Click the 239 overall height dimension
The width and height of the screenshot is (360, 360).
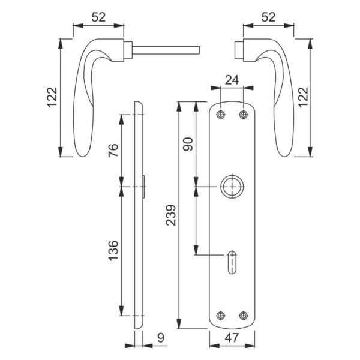point(171,215)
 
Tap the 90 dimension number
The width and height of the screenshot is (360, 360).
point(188,144)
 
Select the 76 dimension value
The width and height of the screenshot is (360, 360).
point(113,150)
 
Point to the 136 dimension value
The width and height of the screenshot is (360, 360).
point(113,251)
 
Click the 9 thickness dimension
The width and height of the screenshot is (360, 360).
point(161,338)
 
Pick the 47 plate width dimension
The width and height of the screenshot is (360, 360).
point(232,338)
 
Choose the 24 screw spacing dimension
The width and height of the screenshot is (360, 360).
point(232,80)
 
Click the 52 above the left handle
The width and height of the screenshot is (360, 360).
point(98,17)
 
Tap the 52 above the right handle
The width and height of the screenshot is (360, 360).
point(268,17)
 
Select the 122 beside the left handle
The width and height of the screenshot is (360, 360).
point(52,97)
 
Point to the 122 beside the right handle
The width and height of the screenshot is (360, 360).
point(303,97)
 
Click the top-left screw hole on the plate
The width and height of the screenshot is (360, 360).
point(221,115)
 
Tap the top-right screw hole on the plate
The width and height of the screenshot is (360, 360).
point(244,115)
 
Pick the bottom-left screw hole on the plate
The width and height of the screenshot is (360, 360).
point(221,316)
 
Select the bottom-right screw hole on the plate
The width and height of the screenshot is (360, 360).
point(244,316)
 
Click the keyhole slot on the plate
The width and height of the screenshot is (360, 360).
point(232,262)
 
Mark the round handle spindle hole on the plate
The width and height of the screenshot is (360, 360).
point(232,187)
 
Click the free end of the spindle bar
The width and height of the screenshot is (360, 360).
point(199,50)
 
